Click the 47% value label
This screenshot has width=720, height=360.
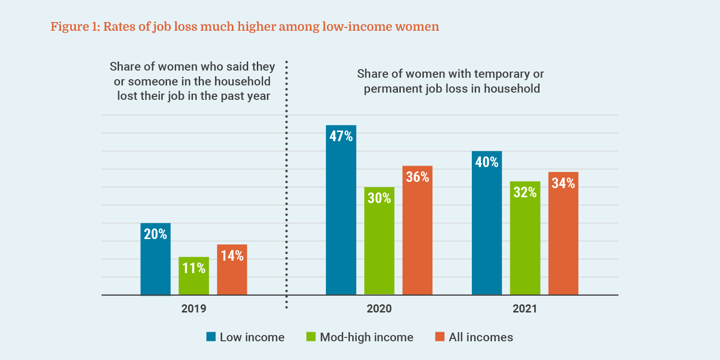tap(341, 136)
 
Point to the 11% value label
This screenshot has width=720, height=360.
tap(194, 268)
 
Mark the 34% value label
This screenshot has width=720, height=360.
tap(563, 183)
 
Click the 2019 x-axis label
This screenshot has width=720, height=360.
tap(193, 308)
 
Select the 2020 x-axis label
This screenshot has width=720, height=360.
tap(379, 308)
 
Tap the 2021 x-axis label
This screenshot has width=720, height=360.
tap(525, 308)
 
